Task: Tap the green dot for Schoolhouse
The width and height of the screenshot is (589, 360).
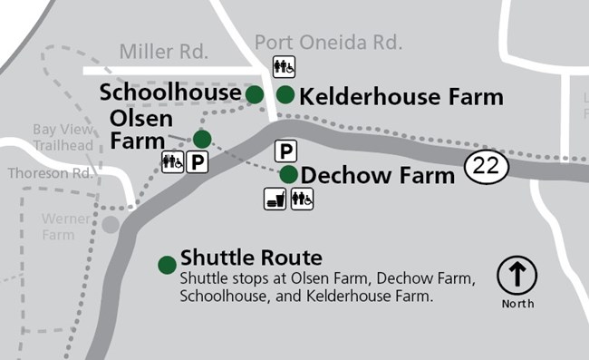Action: point(255,93)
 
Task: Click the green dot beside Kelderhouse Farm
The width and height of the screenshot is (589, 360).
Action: point(285,93)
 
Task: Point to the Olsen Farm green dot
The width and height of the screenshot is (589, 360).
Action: point(202,139)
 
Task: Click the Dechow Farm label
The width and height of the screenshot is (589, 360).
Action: point(377,175)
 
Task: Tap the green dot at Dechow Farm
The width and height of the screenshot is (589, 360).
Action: point(288,174)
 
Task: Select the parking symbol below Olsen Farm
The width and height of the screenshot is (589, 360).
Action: point(198,162)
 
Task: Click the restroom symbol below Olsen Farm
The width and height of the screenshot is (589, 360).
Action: point(172,162)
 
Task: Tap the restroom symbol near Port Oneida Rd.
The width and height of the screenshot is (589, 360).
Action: point(283,67)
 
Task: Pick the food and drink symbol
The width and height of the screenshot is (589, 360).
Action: point(276,199)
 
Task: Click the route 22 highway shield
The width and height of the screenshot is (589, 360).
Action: point(483,165)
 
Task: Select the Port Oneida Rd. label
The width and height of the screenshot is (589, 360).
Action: point(327,43)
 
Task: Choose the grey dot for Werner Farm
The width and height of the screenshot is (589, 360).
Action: point(111,224)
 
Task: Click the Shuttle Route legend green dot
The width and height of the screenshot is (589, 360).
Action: point(167,265)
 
